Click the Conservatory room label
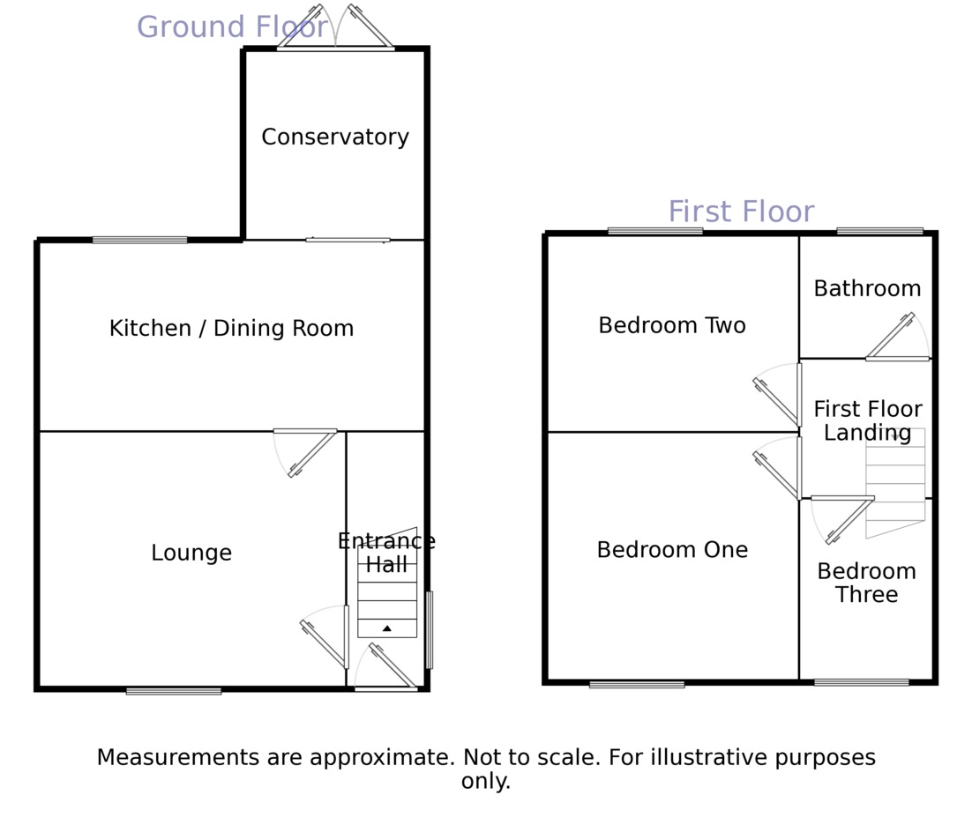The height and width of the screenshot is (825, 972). coord(335,137)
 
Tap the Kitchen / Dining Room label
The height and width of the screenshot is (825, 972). coord(231,329)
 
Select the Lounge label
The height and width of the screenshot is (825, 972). coord(191,554)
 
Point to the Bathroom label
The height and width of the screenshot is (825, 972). coord(867,289)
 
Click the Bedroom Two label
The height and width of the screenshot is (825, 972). coord(672,326)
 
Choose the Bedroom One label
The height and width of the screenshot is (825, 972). coord(672,551)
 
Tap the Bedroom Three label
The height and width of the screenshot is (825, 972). coord(866,583)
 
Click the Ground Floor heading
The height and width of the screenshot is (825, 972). coord(232,27)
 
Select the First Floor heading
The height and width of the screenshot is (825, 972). coord(741,212)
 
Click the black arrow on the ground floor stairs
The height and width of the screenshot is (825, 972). coord(386,628)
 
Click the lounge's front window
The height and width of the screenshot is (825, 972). coord(174,691)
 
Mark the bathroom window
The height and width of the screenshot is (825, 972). coord(879,231)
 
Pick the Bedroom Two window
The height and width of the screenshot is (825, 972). coord(655,231)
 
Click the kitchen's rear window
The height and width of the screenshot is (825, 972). coord(140,240)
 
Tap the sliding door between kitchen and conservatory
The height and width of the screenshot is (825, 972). coord(348,240)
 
